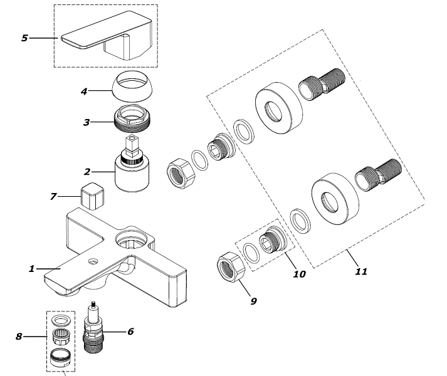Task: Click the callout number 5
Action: tap(25, 38)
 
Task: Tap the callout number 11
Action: tap(361, 271)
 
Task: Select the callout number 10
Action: tap(299, 274)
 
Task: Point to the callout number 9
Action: tap(253, 301)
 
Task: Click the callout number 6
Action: tap(130, 332)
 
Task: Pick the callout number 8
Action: tap(19, 337)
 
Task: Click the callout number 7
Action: tap(53, 196)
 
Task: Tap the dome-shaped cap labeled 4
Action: tap(132, 86)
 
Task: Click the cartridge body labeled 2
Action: tap(132, 174)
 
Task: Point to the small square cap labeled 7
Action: tap(93, 196)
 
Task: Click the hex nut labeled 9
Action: tap(231, 268)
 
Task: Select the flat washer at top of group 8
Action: tap(61, 320)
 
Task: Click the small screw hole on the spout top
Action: tap(93, 261)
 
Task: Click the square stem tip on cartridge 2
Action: tap(132, 145)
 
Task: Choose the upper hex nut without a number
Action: tap(181, 174)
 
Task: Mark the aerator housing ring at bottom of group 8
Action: tap(60, 357)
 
